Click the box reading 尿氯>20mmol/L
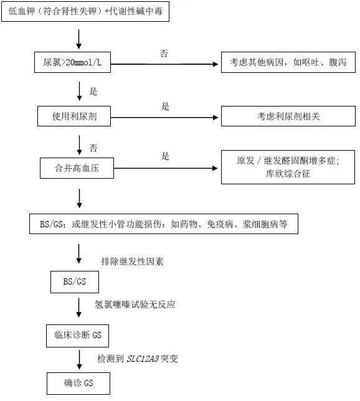click(x=72, y=62)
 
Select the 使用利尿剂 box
click(x=74, y=116)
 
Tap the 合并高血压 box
click(x=77, y=168)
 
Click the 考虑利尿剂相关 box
click(x=288, y=116)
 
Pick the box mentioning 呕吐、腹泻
click(x=288, y=62)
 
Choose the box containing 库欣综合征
click(x=288, y=167)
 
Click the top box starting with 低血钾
click(x=85, y=11)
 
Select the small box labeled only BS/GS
click(x=75, y=282)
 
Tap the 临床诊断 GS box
click(x=77, y=336)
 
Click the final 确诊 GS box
click(x=78, y=384)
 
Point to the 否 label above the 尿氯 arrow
click(x=164, y=54)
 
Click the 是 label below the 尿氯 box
click(x=93, y=92)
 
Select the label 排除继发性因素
click(x=132, y=262)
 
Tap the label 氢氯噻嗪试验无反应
click(x=135, y=304)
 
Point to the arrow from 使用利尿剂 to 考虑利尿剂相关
click(x=164, y=118)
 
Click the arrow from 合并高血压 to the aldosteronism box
click(x=166, y=168)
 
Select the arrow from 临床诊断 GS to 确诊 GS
click(x=79, y=359)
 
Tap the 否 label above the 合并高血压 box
click(x=93, y=148)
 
